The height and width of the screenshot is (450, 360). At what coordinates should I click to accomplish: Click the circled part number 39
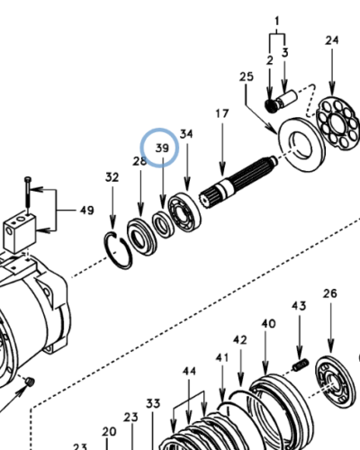pos(162,148)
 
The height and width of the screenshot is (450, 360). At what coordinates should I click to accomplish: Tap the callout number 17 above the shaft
pos(222,113)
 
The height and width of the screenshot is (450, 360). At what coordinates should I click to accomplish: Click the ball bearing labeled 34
pos(184,212)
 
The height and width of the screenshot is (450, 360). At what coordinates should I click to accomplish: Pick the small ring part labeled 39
pos(162,224)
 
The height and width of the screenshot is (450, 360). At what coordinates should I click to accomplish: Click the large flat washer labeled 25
pos(301,145)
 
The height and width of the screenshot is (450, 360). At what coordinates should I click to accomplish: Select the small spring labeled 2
pos(270,105)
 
